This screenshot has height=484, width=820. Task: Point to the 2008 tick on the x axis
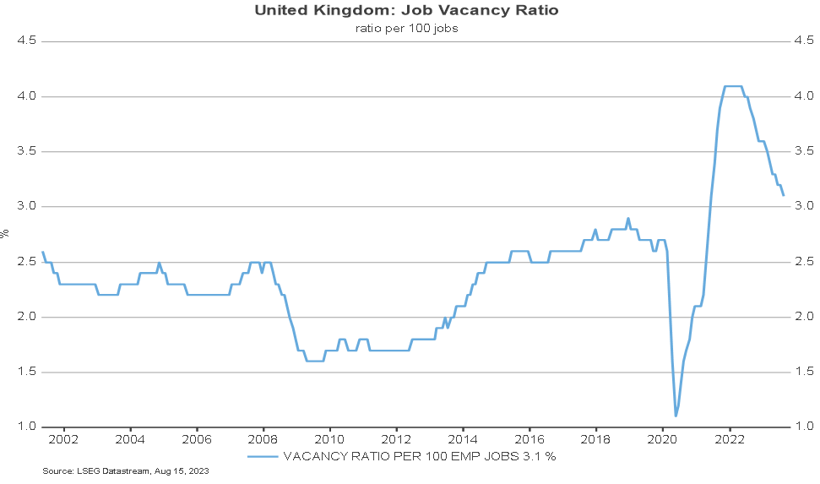[263, 439]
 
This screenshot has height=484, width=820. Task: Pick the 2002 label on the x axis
[63, 439]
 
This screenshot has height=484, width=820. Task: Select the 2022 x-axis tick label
[729, 439]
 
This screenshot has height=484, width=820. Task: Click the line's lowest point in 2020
[676, 416]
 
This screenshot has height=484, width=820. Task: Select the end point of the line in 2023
[784, 195]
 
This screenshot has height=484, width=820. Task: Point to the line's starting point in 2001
[42, 252]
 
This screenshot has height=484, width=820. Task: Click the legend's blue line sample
[263, 456]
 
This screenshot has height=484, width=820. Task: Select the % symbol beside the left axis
[5, 233]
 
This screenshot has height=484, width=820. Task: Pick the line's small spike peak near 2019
[628, 219]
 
